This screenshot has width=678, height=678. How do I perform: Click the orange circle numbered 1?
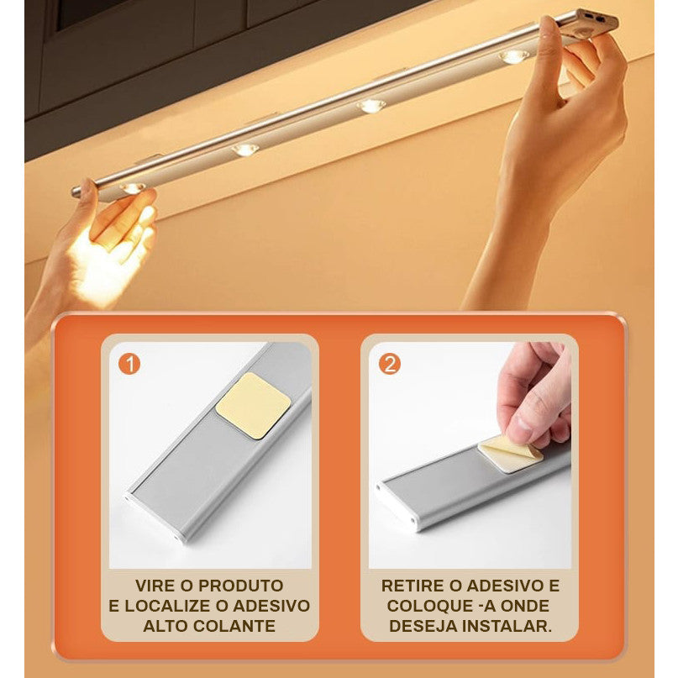click(129, 364)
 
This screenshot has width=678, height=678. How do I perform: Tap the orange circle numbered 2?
click(390, 364)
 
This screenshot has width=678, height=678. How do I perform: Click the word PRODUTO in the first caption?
click(241, 586)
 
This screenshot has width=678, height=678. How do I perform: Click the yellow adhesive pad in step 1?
click(254, 406)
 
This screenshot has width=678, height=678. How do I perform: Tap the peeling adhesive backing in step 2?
click(510, 452)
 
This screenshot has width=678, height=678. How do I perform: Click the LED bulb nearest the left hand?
click(133, 188)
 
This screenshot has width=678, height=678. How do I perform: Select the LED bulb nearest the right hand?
click(514, 56)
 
